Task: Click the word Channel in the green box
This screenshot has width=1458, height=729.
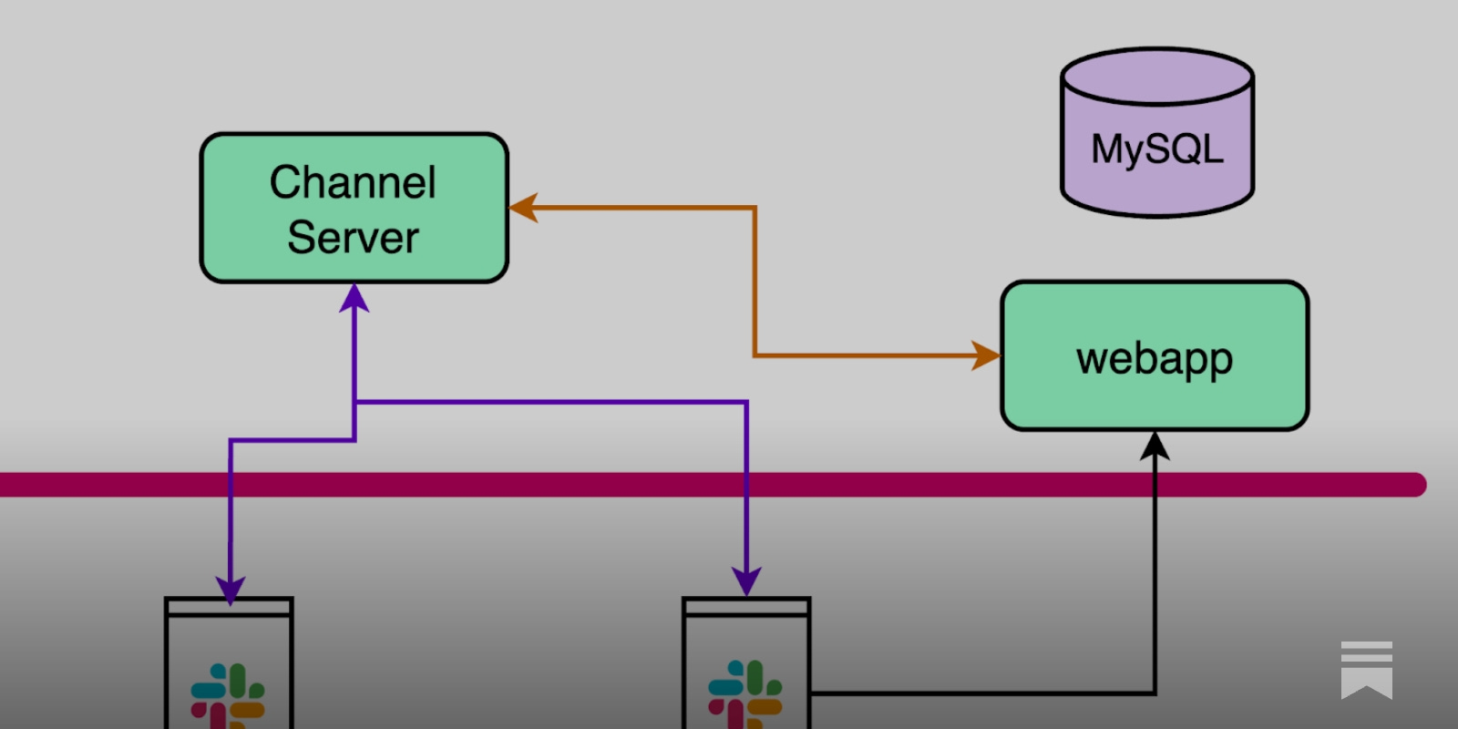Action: [353, 182]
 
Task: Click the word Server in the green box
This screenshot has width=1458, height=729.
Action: [353, 238]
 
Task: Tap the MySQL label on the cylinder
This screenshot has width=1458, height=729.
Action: [1156, 149]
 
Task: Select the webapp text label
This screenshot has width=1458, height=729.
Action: [1154, 358]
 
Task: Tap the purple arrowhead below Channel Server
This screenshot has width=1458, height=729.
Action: [354, 297]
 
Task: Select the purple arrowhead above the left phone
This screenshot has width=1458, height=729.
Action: [230, 589]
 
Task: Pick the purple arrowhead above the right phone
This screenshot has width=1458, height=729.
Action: [746, 580]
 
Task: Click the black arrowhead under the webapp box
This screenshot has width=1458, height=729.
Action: [1155, 446]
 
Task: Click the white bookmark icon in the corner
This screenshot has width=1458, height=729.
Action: [1366, 670]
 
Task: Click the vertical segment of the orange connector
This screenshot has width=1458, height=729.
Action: [755, 282]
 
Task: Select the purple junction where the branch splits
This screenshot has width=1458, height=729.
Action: [354, 401]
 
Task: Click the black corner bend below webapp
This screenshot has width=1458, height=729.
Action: [1155, 693]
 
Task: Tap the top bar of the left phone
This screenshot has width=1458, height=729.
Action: [229, 607]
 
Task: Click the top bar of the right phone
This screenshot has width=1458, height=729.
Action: [746, 607]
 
